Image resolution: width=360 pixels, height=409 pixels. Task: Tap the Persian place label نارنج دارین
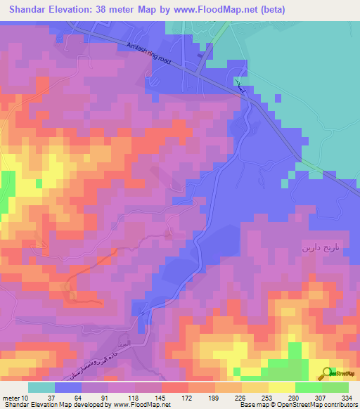point(324,248)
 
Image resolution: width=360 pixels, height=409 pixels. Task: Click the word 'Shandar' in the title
point(27,8)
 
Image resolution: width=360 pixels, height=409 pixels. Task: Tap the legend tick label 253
point(269,396)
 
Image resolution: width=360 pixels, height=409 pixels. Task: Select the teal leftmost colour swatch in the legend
point(41,387)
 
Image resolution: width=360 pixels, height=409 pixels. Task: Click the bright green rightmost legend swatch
point(335,387)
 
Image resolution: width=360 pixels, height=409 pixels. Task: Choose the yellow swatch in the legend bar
point(281,387)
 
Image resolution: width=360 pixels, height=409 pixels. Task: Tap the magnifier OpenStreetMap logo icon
point(328,374)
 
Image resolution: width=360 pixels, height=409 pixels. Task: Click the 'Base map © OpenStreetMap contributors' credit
point(297,404)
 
